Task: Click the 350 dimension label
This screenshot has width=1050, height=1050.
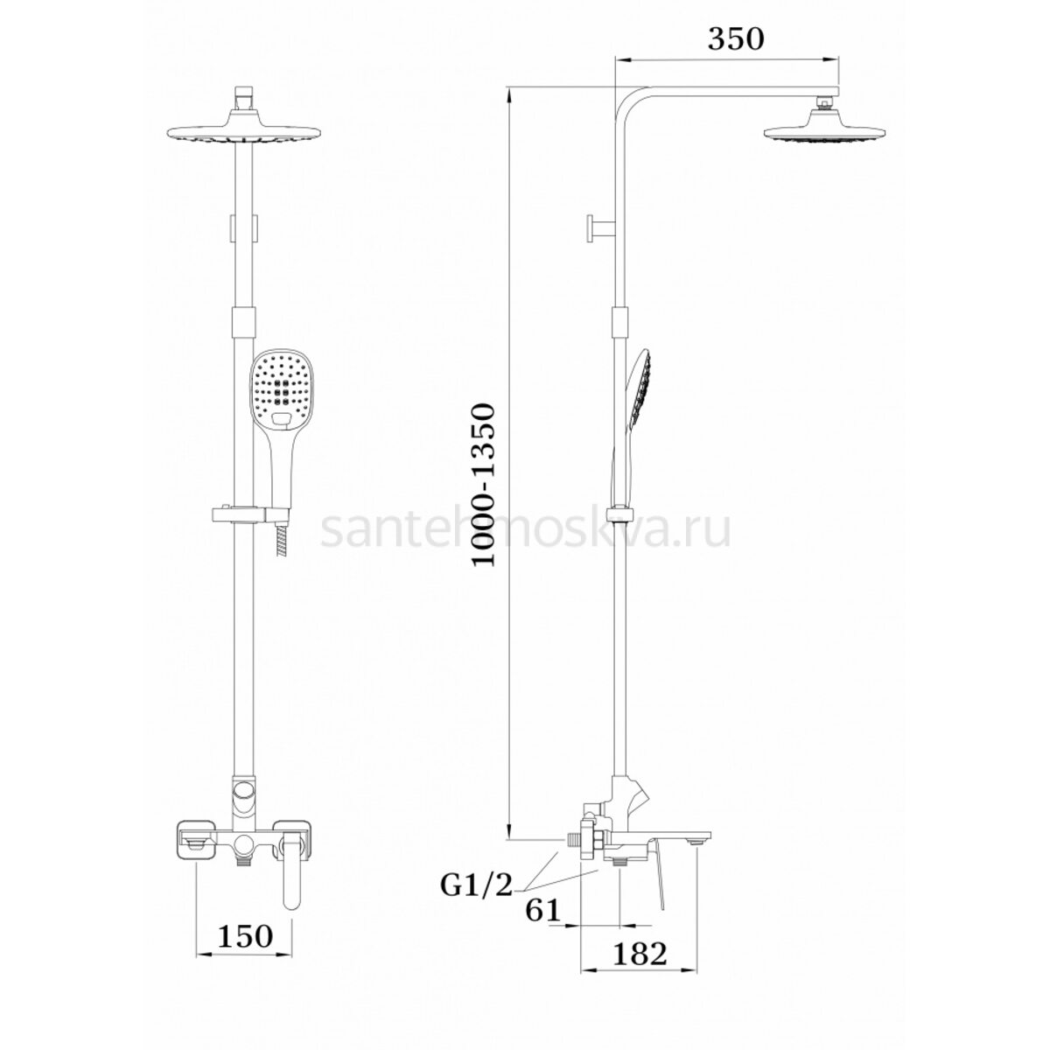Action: click(x=736, y=38)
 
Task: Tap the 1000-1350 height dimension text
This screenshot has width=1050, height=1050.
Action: click(x=485, y=485)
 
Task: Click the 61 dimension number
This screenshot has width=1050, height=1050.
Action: click(x=543, y=909)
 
